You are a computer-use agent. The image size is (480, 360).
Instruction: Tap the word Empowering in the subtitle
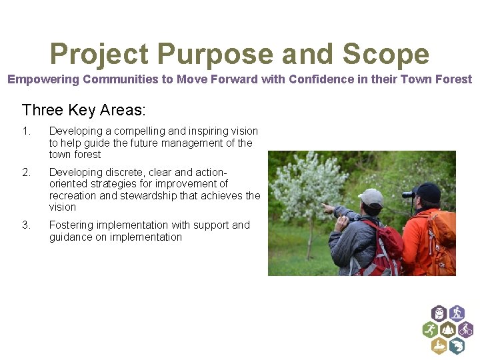click(x=42, y=79)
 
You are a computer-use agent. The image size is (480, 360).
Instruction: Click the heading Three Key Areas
click(x=83, y=109)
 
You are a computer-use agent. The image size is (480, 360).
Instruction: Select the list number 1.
click(x=26, y=131)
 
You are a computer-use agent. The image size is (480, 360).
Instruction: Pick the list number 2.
click(x=26, y=172)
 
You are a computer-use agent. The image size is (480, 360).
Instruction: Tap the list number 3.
click(x=26, y=225)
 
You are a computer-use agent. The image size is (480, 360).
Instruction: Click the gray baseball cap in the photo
click(x=371, y=197)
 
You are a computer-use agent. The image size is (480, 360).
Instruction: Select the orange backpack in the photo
click(x=442, y=237)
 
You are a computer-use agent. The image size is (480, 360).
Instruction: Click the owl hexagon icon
click(x=439, y=313)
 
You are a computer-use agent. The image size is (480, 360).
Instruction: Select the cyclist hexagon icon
click(x=465, y=329)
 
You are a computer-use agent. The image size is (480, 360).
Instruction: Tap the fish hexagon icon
click(x=457, y=346)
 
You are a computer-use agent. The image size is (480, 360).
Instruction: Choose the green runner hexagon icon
click(x=430, y=329)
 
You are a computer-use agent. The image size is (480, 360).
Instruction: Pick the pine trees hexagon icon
click(x=447, y=329)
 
